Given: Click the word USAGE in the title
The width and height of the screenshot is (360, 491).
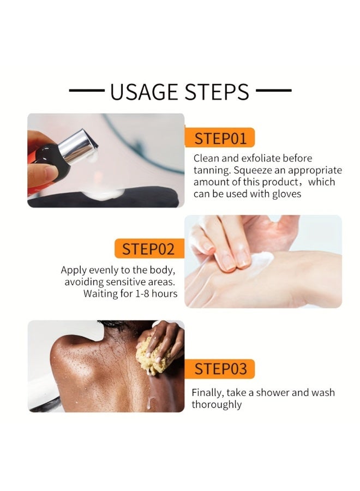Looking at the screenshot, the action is tap(145, 92).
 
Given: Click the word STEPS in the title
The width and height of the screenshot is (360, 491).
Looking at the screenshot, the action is tap(217, 92).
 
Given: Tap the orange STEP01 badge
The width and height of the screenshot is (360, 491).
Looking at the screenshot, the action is tap(220, 137).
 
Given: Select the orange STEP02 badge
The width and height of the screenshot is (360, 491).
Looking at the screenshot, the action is tap(149, 249).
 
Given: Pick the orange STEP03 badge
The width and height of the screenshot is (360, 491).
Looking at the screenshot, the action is tap(220, 369).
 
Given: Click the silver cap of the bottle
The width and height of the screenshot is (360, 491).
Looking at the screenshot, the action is tap(78, 146).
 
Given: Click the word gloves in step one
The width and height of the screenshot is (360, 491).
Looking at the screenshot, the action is tap(286, 194).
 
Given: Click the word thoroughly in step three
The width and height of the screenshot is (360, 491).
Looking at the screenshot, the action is tap(217, 405).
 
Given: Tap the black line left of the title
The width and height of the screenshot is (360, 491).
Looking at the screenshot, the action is tap(87, 91).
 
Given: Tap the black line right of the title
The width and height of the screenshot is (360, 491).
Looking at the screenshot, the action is tap(274, 91).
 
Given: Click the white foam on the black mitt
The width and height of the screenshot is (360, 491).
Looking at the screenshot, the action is tap(103, 194).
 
